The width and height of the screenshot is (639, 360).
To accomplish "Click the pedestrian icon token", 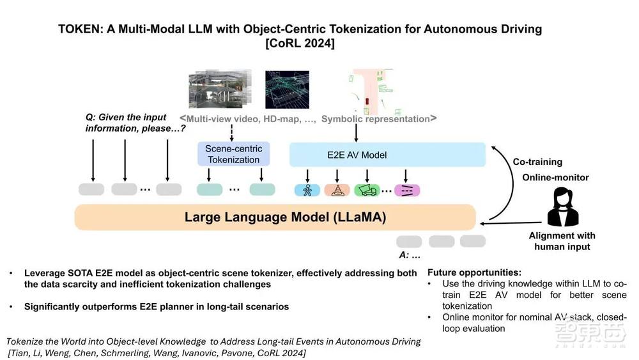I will point(307,189).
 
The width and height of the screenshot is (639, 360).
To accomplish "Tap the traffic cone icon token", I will point(337,189).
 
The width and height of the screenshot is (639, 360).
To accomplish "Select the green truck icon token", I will point(367,189).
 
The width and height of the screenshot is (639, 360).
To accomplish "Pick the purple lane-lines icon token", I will point(405,189).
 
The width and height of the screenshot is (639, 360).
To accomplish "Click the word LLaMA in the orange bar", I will point(359,217).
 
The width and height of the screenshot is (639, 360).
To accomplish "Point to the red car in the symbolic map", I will point(368,102).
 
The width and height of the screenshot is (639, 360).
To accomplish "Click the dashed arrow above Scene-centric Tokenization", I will point(233,133).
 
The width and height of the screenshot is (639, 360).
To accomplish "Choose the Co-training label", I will point(538,162).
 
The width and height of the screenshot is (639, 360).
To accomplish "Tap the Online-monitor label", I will point(555,177).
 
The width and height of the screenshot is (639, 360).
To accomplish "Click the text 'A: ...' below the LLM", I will point(410,254).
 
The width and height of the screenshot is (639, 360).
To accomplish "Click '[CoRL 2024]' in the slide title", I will point(300,43).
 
